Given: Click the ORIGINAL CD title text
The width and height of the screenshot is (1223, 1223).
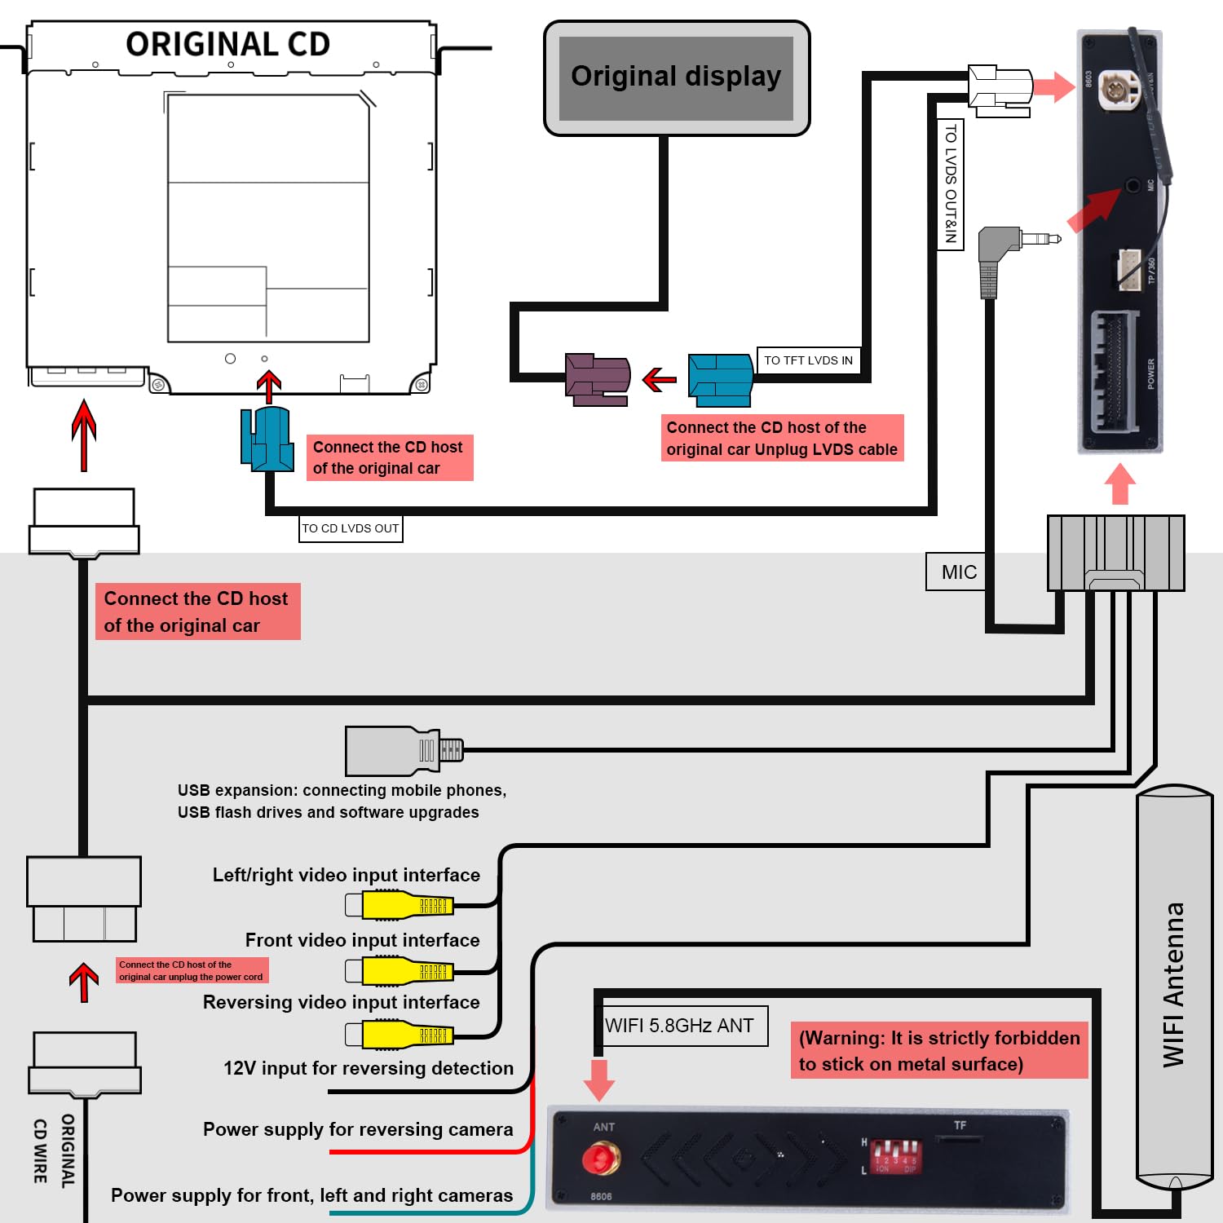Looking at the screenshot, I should pyautogui.click(x=227, y=44).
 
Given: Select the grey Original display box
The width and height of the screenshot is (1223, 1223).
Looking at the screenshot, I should pyautogui.click(x=676, y=77).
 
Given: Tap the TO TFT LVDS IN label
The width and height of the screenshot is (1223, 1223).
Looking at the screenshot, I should pyautogui.click(x=808, y=360).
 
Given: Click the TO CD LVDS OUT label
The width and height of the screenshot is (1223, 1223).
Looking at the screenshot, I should pyautogui.click(x=351, y=528).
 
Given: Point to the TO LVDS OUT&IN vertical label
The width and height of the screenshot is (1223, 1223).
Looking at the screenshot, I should pyautogui.click(x=951, y=184).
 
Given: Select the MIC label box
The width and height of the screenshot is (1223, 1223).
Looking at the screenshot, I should pyautogui.click(x=959, y=572).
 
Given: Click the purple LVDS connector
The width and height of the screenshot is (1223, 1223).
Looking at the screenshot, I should pyautogui.click(x=598, y=379).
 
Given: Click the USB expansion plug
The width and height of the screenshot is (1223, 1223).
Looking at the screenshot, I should pyautogui.click(x=404, y=751).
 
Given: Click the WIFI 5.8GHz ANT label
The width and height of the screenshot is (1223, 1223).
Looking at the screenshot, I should pyautogui.click(x=680, y=1026).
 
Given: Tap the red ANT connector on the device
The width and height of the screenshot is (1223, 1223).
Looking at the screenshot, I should pyautogui.click(x=600, y=1158).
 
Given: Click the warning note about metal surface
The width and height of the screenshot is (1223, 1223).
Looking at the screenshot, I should pyautogui.click(x=939, y=1050).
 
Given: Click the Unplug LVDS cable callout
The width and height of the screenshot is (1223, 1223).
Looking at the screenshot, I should pyautogui.click(x=782, y=439).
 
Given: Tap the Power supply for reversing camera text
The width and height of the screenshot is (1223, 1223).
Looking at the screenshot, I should pyautogui.click(x=358, y=1129).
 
